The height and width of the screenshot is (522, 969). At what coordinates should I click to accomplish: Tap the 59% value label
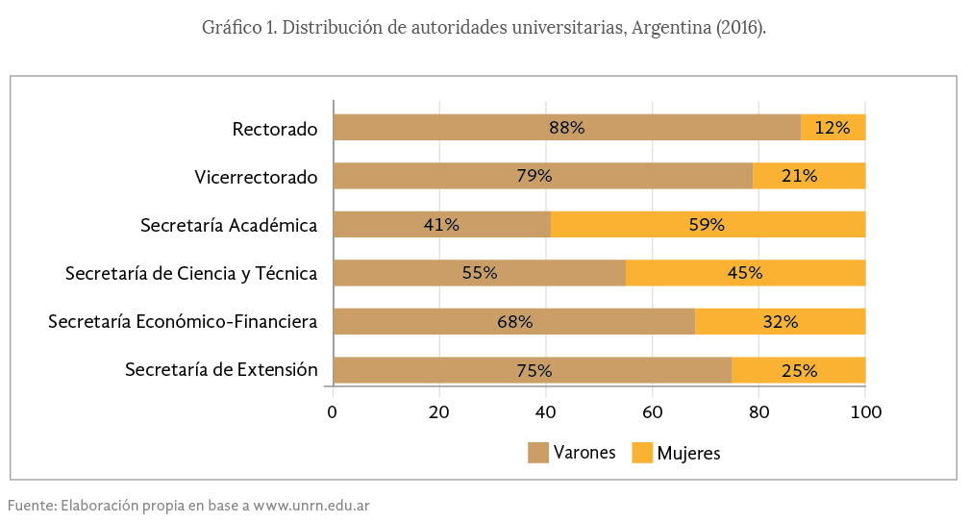(x=708, y=225)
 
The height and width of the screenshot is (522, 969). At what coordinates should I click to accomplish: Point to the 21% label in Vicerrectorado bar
(x=800, y=176)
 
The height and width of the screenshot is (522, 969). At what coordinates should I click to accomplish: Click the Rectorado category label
(x=275, y=128)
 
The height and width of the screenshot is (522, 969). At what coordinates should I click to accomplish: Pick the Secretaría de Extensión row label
(x=221, y=369)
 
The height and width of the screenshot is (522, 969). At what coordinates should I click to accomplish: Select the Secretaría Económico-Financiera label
(x=183, y=321)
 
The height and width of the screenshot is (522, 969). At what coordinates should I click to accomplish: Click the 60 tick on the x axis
(x=653, y=412)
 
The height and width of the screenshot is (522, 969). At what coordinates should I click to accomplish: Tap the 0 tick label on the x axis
(x=333, y=412)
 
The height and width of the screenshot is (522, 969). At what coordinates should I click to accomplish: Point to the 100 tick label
(x=865, y=412)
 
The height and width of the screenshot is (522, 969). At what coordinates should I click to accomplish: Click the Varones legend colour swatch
(x=537, y=452)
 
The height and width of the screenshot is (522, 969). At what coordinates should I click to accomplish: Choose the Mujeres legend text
(x=688, y=453)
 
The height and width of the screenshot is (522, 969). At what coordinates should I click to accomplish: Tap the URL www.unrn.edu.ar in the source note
(x=311, y=505)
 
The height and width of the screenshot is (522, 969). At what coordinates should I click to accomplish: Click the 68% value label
(x=515, y=321)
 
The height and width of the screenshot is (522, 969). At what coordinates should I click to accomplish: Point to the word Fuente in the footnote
(x=32, y=505)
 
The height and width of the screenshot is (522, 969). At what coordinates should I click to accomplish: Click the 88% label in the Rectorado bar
(x=566, y=128)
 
